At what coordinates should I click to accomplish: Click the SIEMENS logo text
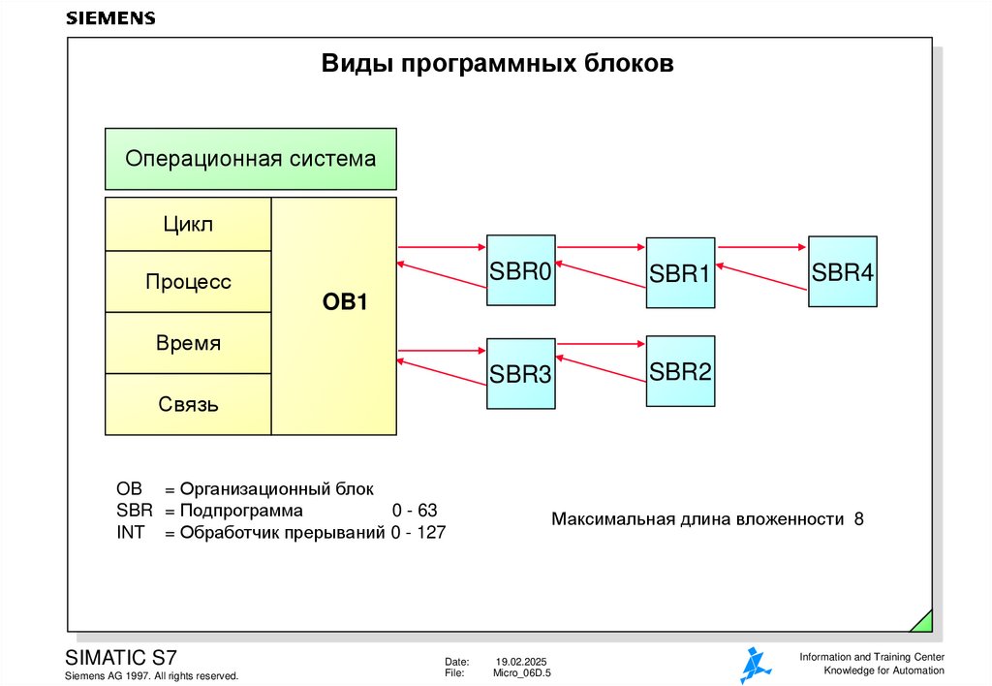pos(109,18)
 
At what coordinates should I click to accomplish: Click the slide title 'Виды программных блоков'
pos(497,65)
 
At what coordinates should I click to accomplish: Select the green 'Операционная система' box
pos(250,159)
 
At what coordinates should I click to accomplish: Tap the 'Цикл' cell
pos(187,225)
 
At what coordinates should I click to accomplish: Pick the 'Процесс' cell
pos(188,282)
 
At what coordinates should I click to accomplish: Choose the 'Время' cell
pos(188,343)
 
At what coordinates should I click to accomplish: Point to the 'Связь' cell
pos(188,404)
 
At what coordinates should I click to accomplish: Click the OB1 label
pos(345,303)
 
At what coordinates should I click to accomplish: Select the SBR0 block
pos(520,271)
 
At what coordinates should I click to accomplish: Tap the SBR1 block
pos(680,273)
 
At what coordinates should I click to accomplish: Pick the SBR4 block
pos(843,272)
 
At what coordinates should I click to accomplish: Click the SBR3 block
pos(520,374)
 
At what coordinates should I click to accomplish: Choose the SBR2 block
pos(680,371)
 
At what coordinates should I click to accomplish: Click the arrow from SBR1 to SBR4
pos(761,248)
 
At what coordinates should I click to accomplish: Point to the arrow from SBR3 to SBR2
pos(601,342)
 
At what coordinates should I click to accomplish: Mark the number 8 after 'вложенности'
pos(858,519)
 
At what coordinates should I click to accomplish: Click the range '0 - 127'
pos(418,532)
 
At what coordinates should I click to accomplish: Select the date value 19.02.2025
pos(521,661)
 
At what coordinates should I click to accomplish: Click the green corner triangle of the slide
pos(923,622)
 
